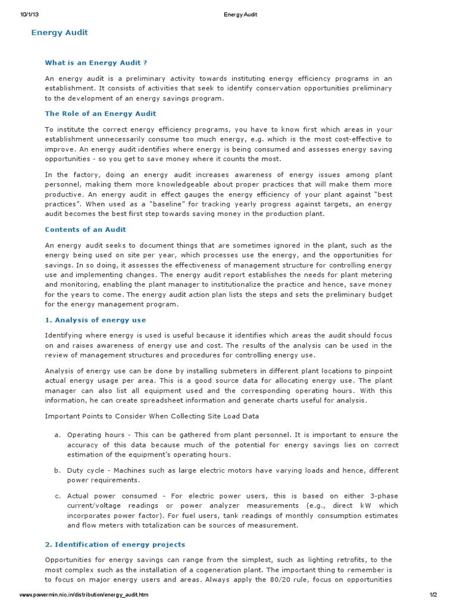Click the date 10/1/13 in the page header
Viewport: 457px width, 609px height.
click(x=29, y=14)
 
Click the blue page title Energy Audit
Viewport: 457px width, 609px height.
click(x=60, y=33)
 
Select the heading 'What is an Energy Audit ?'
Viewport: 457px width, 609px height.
click(x=96, y=62)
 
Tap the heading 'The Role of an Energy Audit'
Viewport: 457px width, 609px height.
click(x=101, y=113)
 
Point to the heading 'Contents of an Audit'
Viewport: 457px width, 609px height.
click(x=86, y=229)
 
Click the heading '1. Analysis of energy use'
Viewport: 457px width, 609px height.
click(x=95, y=320)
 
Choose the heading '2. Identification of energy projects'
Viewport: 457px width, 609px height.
click(x=115, y=544)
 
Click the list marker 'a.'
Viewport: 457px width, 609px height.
click(x=58, y=435)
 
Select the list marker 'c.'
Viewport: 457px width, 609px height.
click(x=58, y=495)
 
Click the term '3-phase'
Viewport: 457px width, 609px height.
click(x=384, y=495)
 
